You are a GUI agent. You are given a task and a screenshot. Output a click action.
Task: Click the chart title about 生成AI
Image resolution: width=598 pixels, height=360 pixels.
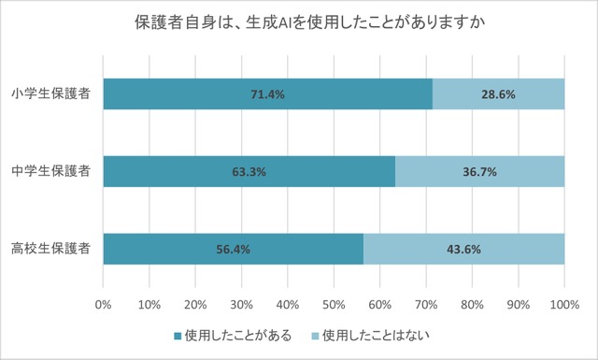pos(299,22)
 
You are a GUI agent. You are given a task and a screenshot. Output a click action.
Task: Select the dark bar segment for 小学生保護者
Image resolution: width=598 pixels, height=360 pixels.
pos(187,94)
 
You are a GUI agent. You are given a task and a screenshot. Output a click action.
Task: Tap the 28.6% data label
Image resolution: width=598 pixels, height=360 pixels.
pos(498,94)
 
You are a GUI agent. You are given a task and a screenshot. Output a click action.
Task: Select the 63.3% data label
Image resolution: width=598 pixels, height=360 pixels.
pos(249,172)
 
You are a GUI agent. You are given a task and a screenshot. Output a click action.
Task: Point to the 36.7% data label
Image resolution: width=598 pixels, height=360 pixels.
pos(479,172)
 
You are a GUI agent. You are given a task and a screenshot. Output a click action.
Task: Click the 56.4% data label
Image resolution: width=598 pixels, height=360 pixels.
pos(234,250)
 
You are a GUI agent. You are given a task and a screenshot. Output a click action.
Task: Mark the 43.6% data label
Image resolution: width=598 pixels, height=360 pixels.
pos(463,250)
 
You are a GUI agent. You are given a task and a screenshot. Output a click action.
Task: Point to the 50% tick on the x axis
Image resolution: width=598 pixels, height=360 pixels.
pos(334,304)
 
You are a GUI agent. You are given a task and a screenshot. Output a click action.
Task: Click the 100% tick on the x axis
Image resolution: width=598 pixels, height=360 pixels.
pos(563,304)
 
